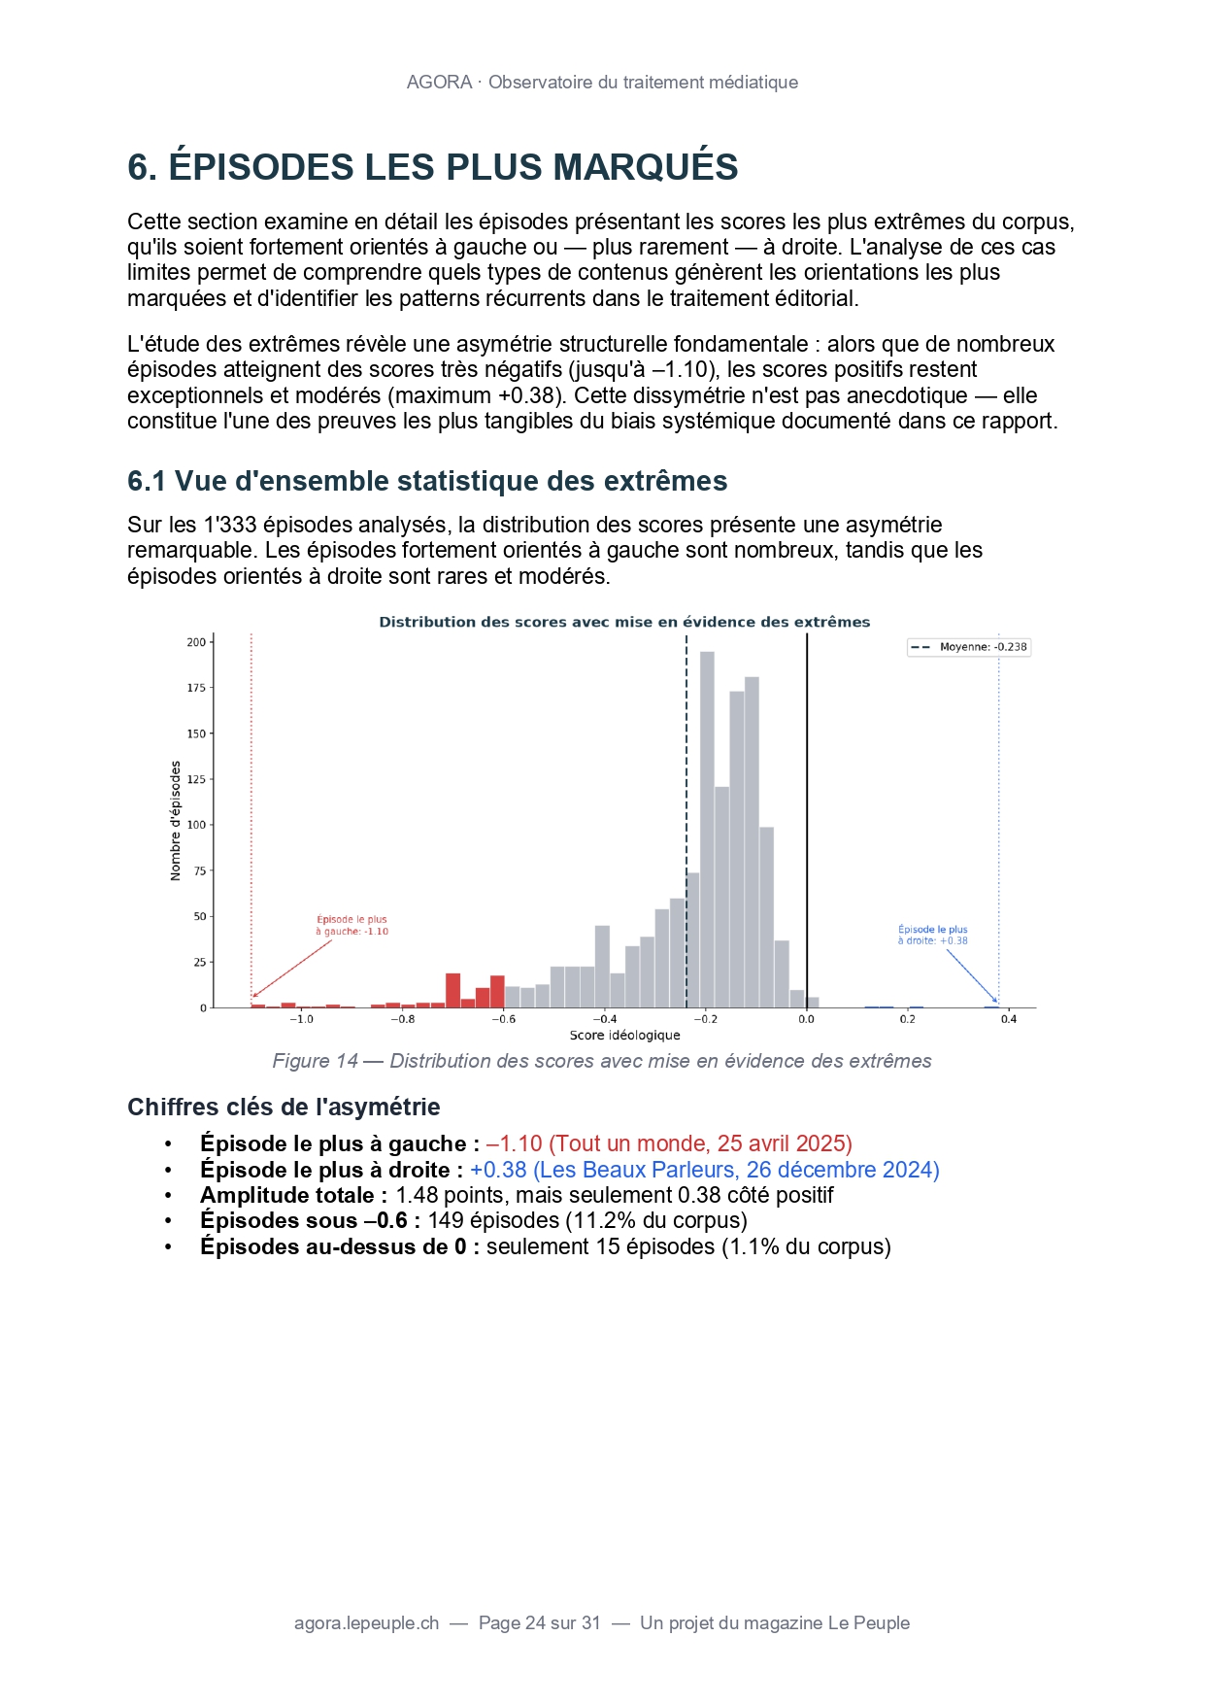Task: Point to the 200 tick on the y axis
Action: [x=197, y=642]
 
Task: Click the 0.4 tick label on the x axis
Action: [x=1009, y=1019]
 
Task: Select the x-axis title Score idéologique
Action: [x=624, y=1036]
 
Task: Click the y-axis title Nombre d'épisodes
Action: [x=176, y=821]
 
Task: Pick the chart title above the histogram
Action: [x=624, y=622]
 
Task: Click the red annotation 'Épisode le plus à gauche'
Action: [x=351, y=925]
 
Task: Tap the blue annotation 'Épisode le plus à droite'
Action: [x=932, y=935]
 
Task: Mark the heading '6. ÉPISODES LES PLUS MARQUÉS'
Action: [x=432, y=167]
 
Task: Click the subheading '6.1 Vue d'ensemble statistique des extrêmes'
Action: [x=427, y=481]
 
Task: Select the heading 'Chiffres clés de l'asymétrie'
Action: [x=284, y=1107]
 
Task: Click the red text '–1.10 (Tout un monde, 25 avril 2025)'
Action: [x=669, y=1143]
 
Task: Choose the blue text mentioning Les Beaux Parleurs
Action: [x=704, y=1170]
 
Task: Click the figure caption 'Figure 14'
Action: [x=315, y=1061]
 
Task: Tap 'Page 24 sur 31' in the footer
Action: [x=539, y=1622]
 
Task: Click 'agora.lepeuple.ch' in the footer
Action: [x=366, y=1622]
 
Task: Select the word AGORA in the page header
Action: [x=439, y=83]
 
